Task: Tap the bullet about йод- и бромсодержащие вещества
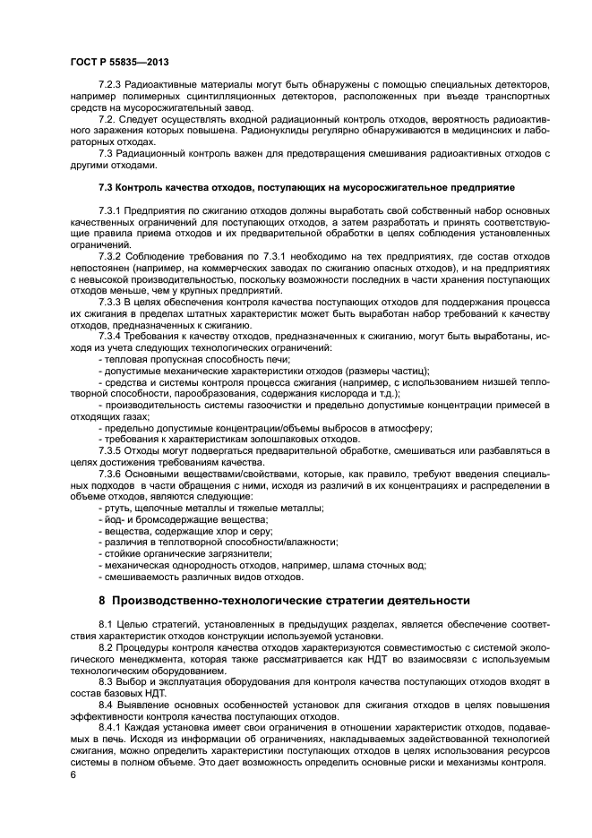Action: (x=186, y=519)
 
